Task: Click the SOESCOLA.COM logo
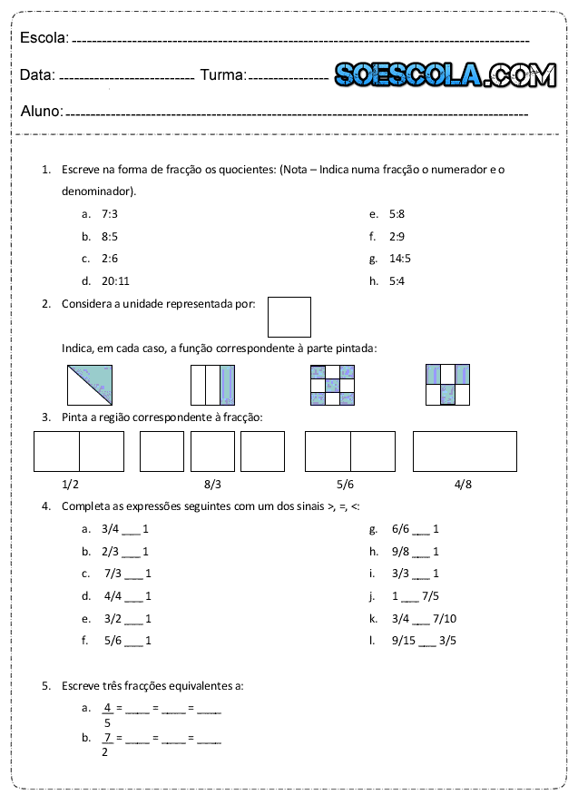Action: [445, 75]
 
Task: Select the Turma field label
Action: [222, 75]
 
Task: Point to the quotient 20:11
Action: [115, 280]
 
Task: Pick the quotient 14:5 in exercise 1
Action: [400, 259]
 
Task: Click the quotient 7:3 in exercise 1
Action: [110, 214]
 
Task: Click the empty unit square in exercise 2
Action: [289, 317]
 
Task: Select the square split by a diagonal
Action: [90, 384]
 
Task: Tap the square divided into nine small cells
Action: [332, 385]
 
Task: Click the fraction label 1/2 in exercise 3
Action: [70, 484]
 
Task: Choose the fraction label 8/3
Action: [212, 484]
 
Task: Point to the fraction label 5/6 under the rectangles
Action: [345, 484]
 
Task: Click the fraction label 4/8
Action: [463, 484]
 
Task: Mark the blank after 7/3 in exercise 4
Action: [133, 574]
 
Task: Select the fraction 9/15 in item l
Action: [404, 641]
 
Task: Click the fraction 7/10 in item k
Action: [445, 618]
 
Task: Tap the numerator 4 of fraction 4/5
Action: [107, 707]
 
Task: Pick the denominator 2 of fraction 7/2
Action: [105, 751]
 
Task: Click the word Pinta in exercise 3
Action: [75, 417]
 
